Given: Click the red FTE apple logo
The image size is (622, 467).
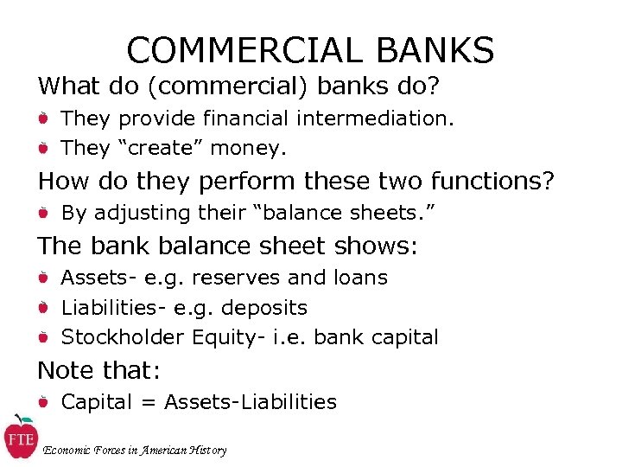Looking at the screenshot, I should click(19, 438).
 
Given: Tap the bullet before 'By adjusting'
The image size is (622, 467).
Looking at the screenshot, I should click(43, 213).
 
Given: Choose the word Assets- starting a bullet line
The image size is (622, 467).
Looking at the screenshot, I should click(94, 278).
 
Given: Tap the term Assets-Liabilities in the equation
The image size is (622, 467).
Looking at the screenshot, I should click(251, 402).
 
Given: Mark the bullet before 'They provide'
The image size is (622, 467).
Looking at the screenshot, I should click(43, 118).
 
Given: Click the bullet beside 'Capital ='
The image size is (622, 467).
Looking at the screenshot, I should click(43, 402).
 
